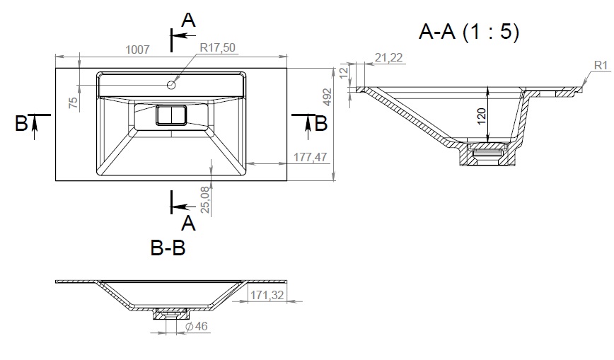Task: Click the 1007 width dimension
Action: coord(137,50)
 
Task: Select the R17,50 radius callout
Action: coord(217,47)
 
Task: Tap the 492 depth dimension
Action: coord(327,97)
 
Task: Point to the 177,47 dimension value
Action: coord(310,157)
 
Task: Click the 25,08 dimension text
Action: coord(205,199)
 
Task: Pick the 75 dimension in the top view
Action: coord(74,103)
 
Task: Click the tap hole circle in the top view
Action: coord(171,84)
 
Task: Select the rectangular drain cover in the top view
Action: coord(171,115)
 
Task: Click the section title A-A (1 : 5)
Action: coord(469,31)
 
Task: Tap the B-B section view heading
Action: coord(168,248)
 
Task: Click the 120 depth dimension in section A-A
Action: coord(481,116)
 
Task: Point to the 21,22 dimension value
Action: coord(388,57)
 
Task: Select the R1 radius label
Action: coord(601,65)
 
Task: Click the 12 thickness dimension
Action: coord(343,72)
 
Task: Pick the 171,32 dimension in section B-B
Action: coord(267,295)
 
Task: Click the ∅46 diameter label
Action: coord(196,326)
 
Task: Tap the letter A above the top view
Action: coord(188,20)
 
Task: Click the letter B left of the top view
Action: coord(21,123)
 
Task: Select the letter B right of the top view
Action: coord(320,123)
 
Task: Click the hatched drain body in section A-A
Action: coord(487,154)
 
